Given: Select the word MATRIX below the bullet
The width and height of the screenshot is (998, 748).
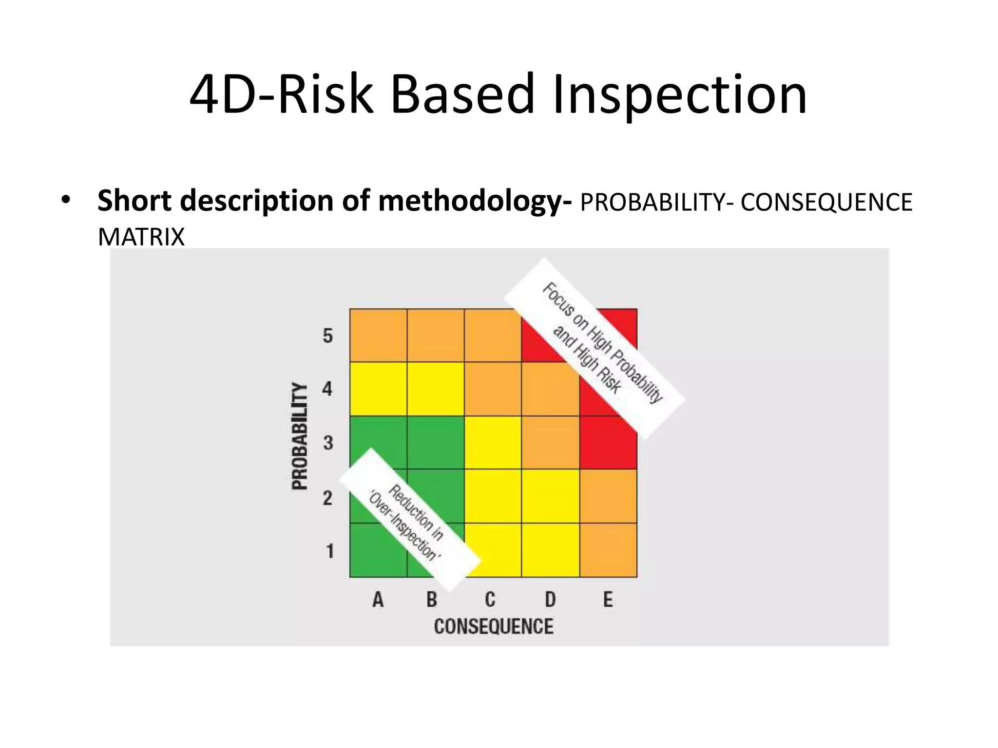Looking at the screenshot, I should click(141, 238).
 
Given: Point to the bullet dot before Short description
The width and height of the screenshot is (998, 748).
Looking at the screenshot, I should click(66, 201).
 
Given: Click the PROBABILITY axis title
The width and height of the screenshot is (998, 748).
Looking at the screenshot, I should click(300, 436).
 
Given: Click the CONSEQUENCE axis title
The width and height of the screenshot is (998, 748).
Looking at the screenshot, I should click(493, 626).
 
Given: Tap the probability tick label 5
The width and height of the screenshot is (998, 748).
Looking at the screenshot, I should click(328, 336).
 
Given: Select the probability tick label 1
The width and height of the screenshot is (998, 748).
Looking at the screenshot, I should click(330, 551).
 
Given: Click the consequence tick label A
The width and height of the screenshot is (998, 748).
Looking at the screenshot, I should click(378, 599).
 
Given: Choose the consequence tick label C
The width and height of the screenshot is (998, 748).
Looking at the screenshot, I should click(490, 599).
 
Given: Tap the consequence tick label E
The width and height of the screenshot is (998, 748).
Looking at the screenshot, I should click(608, 599).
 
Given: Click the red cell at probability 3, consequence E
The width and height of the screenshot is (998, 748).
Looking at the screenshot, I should click(609, 448).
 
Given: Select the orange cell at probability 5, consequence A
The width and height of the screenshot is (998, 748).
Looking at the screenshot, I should click(379, 336).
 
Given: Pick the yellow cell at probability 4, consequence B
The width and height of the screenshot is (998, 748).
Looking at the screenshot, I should click(436, 389).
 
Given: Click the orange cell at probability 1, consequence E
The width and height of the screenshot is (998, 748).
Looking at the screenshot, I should click(609, 550).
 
